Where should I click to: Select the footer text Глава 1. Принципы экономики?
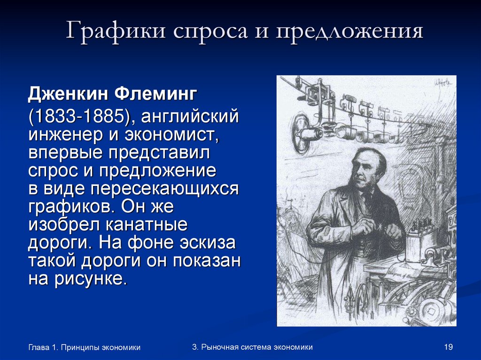[x=85, y=347]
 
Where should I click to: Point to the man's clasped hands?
[x=371, y=230]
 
